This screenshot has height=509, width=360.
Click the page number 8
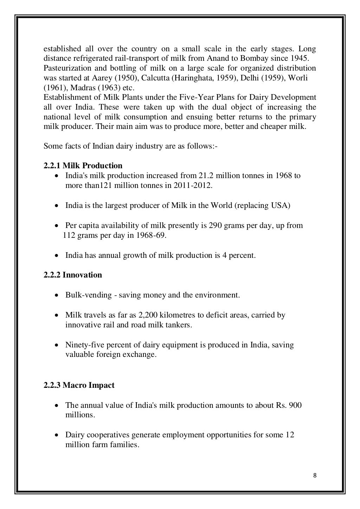click(x=315, y=476)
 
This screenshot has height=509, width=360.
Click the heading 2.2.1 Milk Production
click(x=83, y=165)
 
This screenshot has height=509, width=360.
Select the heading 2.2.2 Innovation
click(x=73, y=275)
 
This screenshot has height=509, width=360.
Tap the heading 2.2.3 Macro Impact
click(x=79, y=385)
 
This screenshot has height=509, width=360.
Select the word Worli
click(x=298, y=78)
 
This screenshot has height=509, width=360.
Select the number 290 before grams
click(x=215, y=225)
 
